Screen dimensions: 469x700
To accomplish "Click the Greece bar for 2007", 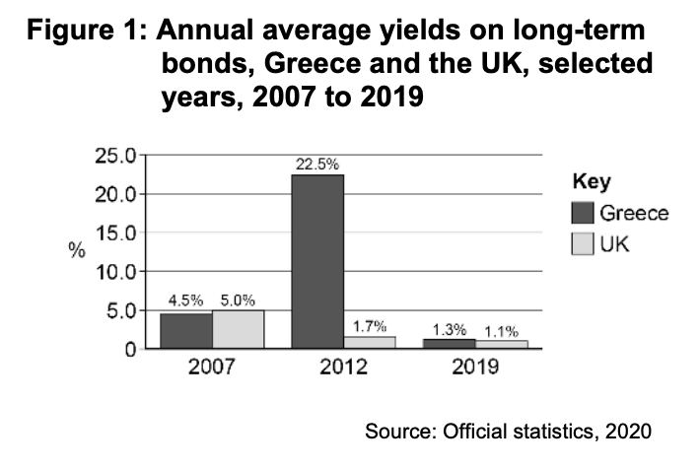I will [x=185, y=330].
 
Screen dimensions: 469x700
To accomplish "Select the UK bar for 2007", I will [x=238, y=328].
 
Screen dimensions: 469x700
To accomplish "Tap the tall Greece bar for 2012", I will [x=317, y=261].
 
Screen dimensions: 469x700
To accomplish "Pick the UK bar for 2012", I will [x=370, y=342].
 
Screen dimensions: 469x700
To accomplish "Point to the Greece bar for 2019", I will [x=450, y=343].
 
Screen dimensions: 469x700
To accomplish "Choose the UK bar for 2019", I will [x=501, y=344].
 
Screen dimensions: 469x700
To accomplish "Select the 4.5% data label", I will [x=186, y=301].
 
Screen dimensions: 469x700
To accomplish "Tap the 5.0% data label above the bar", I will [x=238, y=301].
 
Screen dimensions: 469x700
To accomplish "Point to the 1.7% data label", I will [x=370, y=325].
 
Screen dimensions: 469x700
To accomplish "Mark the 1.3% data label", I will [x=450, y=329].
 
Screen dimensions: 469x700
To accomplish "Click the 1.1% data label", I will [x=501, y=330].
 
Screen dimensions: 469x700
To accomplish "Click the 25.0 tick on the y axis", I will [x=114, y=155].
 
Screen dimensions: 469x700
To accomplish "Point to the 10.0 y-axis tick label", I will [x=114, y=271].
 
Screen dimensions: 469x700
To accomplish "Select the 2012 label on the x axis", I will [x=344, y=369].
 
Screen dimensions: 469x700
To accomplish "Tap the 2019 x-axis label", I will [x=475, y=369].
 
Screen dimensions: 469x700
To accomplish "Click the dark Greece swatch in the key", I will [x=583, y=214].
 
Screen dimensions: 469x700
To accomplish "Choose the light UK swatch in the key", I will [x=583, y=243].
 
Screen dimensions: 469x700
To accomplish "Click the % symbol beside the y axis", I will [x=76, y=250].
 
